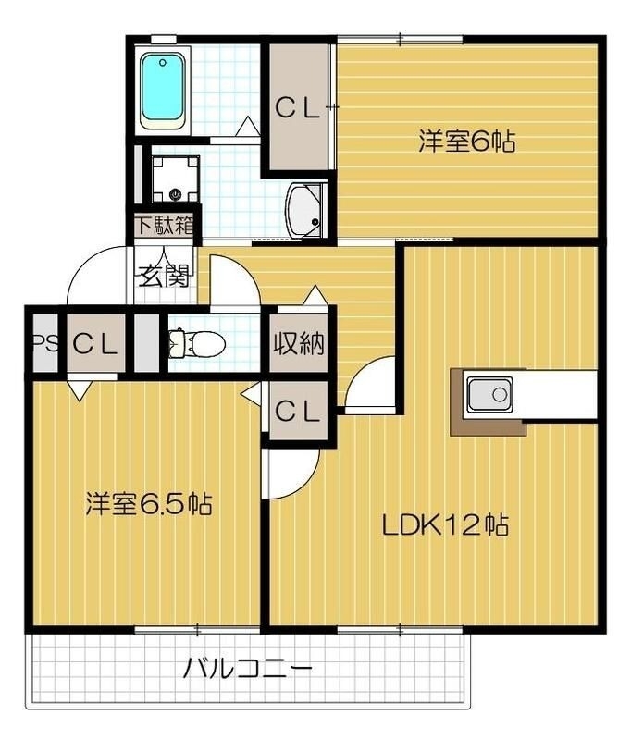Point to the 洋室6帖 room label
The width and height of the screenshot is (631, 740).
point(466,142)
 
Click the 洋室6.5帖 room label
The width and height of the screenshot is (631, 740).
point(149,504)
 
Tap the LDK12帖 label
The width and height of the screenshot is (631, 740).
point(445,525)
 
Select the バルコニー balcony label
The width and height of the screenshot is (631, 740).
point(246,668)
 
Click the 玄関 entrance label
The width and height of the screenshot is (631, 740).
point(164,276)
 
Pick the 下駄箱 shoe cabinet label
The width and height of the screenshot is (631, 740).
point(166,225)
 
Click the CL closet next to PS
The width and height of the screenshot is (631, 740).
point(96,344)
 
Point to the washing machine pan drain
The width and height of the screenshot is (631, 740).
point(175,193)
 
